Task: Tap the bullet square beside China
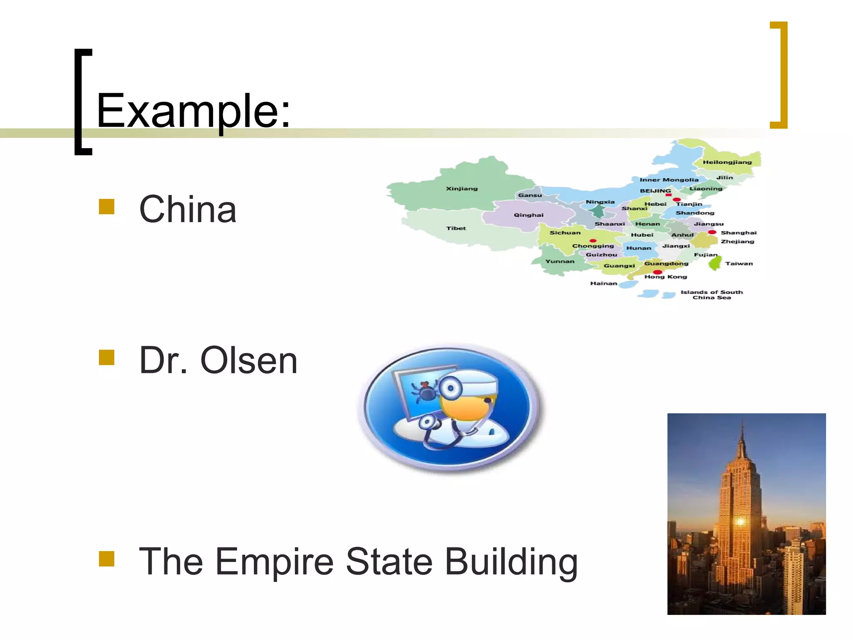tap(106, 207)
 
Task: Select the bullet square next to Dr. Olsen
tap(106, 357)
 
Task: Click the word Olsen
tap(249, 360)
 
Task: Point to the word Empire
tap(274, 562)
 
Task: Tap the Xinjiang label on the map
tap(462, 188)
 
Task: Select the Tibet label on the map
tap(456, 228)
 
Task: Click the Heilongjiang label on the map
tap(727, 162)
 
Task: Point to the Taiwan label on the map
tap(739, 263)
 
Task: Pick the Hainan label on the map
tap(604, 283)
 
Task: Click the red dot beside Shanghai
tap(712, 232)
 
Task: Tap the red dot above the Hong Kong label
tap(658, 272)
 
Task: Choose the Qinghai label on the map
tap(528, 215)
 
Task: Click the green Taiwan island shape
tap(715, 263)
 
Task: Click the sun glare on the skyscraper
tap(741, 521)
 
